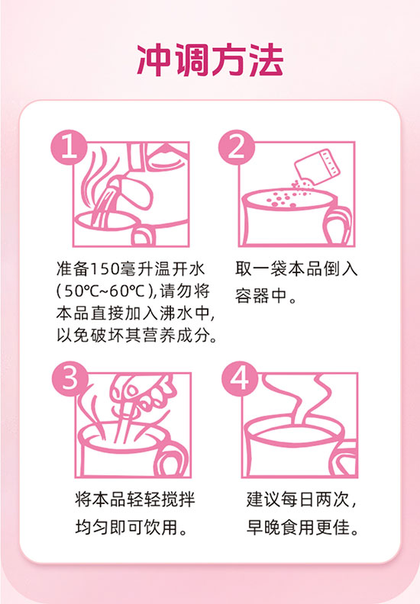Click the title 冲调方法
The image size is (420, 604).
[x=210, y=60]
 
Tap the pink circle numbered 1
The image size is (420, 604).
[x=69, y=147]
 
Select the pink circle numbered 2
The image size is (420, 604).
[x=236, y=147]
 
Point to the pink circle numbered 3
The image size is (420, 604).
[x=69, y=379]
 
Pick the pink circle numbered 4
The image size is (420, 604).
[x=239, y=379]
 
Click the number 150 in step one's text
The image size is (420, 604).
[x=105, y=269]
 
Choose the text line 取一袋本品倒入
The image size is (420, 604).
[x=296, y=269]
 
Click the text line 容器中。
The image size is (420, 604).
[x=265, y=296]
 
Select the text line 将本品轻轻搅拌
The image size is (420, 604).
[x=135, y=500]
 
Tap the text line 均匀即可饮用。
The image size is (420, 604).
[x=131, y=527]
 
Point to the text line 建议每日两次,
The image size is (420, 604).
[x=302, y=500]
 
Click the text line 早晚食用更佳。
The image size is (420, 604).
[x=302, y=527]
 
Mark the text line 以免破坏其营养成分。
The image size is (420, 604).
[x=137, y=336]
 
